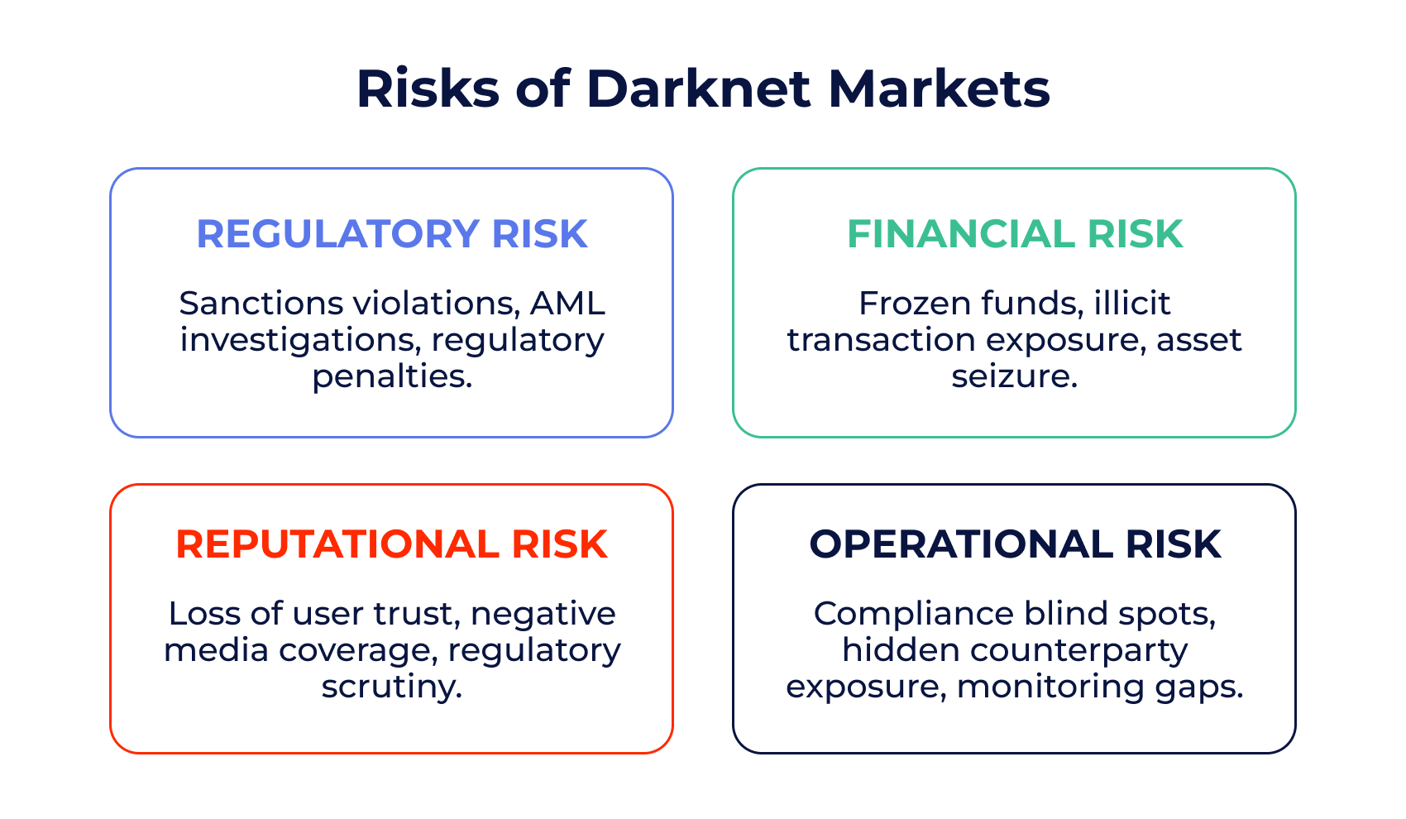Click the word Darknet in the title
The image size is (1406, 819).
point(699,89)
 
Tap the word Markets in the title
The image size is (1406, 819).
point(939,89)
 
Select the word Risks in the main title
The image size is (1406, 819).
point(428,89)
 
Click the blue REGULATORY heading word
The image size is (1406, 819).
point(338,234)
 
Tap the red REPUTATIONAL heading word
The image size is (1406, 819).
point(337,544)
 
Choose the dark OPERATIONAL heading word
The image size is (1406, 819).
point(962,544)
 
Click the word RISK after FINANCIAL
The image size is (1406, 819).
point(1136,234)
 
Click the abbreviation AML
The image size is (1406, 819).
point(567,304)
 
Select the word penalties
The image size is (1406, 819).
point(392,377)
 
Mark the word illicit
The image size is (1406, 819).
point(1132,303)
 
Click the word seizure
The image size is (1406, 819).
point(1014,376)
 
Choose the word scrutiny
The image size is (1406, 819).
point(392,687)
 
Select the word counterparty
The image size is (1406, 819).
point(1078,651)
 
